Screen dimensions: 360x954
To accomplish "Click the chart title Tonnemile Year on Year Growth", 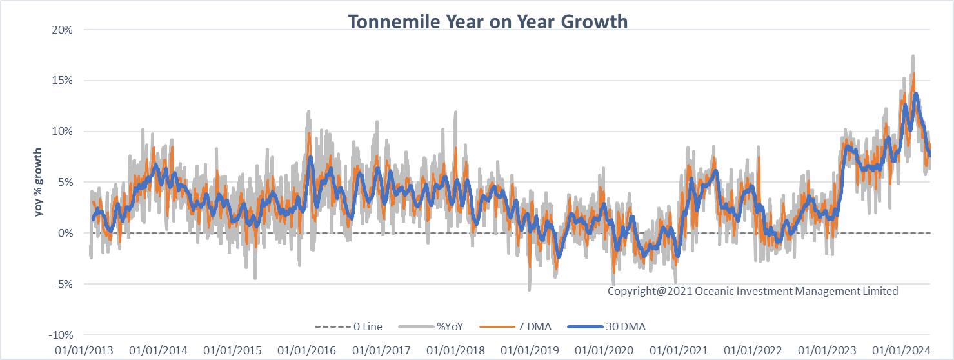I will [488, 21].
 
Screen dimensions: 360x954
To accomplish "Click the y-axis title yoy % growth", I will [39, 182].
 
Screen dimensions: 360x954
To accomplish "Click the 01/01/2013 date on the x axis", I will [84, 350].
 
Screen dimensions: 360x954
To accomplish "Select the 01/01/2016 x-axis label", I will [307, 350].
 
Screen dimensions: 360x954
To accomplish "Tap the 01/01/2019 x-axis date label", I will [530, 350].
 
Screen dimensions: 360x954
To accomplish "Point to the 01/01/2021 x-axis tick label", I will [679, 350].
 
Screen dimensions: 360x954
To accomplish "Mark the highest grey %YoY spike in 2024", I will [913, 57].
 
